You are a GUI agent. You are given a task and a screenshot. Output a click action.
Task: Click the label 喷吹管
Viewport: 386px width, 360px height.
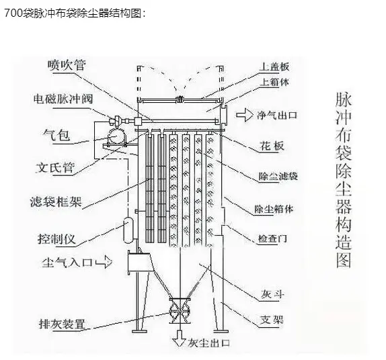tap(67, 65)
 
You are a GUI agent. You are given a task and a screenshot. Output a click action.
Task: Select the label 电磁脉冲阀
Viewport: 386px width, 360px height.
tap(63, 99)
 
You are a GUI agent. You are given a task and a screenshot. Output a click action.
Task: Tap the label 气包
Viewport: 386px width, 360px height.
tap(56, 135)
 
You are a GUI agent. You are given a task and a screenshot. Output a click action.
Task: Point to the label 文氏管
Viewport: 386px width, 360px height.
tap(55, 168)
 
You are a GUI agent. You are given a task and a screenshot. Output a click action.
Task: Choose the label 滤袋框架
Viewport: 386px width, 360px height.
tap(56, 202)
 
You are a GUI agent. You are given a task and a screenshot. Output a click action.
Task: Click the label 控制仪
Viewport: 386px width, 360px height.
tap(56, 239)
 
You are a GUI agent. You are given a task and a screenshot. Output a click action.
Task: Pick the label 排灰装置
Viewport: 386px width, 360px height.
tap(62, 324)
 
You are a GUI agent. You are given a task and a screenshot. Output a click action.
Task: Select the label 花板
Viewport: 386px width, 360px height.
tap(272, 146)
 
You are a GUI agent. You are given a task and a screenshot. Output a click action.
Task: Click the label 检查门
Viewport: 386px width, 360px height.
tap(272, 238)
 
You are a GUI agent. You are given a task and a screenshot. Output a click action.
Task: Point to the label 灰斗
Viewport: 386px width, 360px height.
tap(272, 294)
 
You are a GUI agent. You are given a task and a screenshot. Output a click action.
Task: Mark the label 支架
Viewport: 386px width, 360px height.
tap(272, 320)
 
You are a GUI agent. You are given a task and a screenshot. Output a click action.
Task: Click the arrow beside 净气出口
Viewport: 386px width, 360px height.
tap(245, 115)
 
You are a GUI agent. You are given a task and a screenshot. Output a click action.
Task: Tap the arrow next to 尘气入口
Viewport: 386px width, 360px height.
tap(104, 262)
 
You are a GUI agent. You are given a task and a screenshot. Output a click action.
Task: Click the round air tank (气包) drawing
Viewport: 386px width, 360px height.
tap(116, 136)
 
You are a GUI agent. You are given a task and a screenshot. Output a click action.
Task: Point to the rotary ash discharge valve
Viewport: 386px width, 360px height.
tap(180, 311)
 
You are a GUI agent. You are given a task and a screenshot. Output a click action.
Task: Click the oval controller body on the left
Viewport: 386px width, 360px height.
tap(128, 230)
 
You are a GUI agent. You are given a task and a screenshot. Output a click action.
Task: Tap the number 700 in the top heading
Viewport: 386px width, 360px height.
tap(13, 13)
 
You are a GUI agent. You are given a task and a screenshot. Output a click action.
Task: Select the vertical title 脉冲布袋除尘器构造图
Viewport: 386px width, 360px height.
tap(344, 180)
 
